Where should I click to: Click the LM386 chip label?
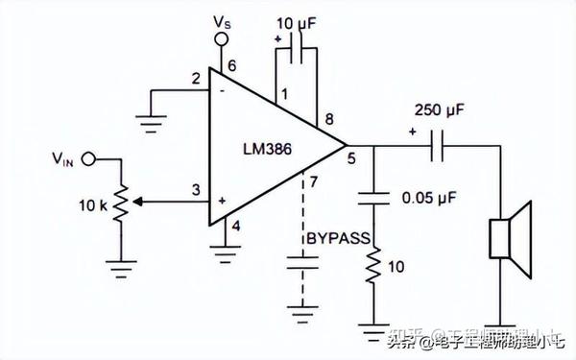click(x=271, y=150)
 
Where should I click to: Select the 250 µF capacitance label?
click(x=439, y=111)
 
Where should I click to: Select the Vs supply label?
click(x=222, y=19)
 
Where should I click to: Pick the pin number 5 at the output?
click(x=351, y=161)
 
